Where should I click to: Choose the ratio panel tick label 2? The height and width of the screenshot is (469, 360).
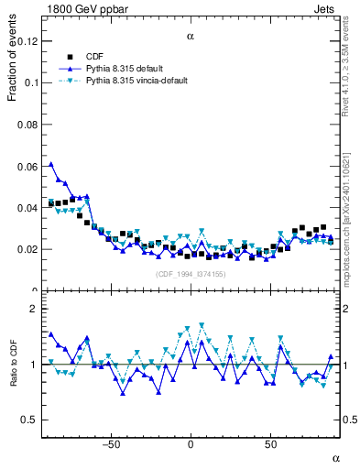click(33, 309)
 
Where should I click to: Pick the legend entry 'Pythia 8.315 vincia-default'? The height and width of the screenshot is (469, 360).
click(137, 81)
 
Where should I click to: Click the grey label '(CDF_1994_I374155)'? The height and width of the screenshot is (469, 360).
click(190, 274)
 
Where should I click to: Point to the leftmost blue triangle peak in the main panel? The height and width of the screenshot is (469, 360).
click(51, 165)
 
